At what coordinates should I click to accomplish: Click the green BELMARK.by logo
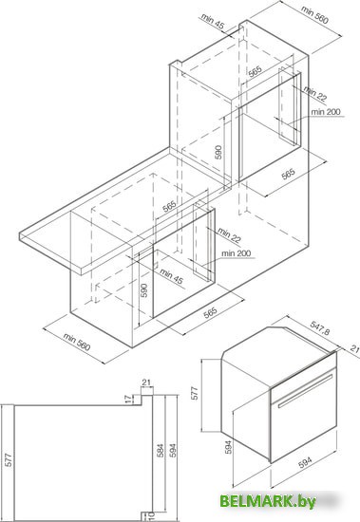point(268,501)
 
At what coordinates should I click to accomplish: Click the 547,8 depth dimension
point(320,327)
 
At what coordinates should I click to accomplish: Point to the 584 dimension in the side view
point(161,451)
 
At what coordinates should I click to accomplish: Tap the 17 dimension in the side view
point(128,399)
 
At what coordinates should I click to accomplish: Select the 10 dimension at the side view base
point(151,516)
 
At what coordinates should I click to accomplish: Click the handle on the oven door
point(305,391)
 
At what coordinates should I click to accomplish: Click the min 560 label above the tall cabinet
point(314,14)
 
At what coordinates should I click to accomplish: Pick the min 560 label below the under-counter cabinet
point(77,342)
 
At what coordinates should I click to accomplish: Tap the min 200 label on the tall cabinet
point(326,112)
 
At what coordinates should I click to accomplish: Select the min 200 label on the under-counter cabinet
point(236,253)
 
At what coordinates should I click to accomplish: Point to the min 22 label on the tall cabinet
point(315,94)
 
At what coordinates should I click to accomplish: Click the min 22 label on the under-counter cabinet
point(229,235)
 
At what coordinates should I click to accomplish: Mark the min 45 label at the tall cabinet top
point(213,21)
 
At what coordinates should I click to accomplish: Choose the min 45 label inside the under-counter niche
point(171,276)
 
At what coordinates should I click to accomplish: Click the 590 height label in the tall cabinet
point(218,152)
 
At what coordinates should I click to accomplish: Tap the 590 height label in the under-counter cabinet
point(143,290)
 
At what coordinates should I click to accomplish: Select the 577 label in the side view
point(9,459)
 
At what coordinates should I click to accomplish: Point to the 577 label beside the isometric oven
point(195,393)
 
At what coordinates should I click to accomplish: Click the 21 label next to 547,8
point(355,348)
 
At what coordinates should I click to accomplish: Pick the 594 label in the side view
point(173,451)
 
